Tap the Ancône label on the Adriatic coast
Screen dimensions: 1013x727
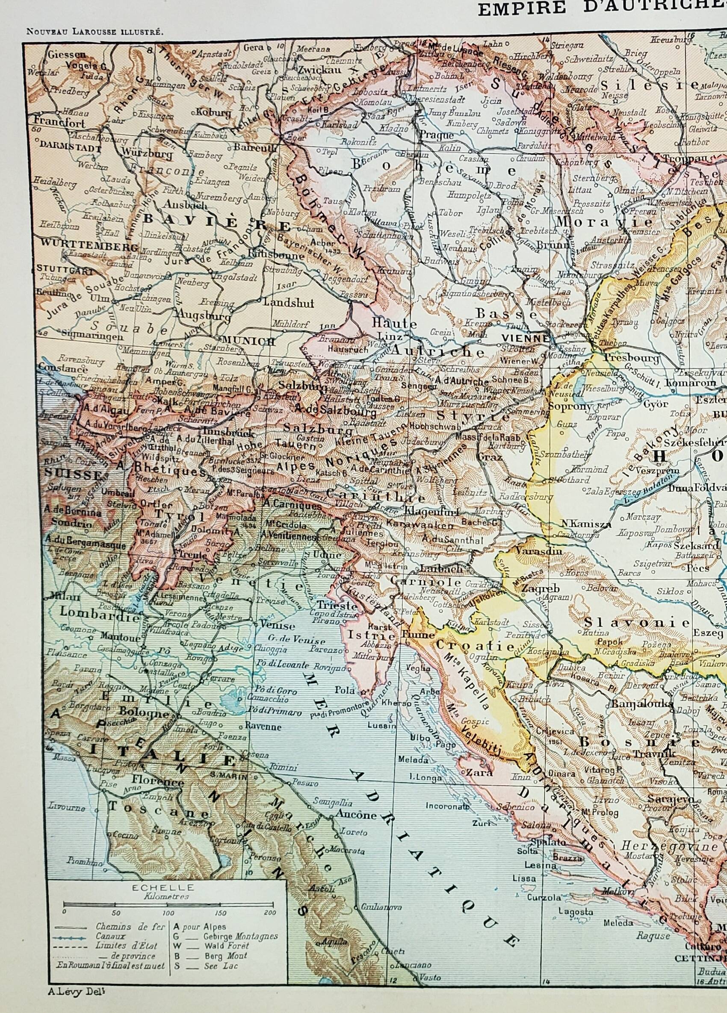tap(357, 814)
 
